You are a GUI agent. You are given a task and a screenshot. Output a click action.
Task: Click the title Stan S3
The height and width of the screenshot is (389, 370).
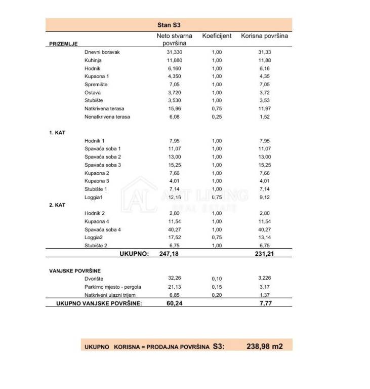coord(169,25)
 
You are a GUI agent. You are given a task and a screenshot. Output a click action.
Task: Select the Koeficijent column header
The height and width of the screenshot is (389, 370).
coord(217,36)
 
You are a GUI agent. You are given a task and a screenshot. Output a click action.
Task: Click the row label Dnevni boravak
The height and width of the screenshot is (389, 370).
coord(102,52)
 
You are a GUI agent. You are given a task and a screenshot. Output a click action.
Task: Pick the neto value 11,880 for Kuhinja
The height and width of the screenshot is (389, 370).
coord(174,60)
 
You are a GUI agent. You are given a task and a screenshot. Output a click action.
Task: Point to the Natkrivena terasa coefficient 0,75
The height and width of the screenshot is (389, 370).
coord(217,108)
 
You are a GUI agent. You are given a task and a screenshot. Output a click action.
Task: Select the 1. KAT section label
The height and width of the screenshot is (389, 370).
coord(57,133)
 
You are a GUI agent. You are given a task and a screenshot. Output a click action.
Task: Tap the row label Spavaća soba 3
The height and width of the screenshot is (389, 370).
coord(103,165)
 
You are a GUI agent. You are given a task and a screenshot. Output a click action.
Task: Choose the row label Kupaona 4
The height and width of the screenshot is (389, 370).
coord(97,221)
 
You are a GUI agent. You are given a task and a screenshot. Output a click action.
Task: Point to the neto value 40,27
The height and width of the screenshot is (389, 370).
coord(174,229)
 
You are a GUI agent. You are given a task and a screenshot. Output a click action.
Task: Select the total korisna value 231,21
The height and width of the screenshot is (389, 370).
coord(265,253)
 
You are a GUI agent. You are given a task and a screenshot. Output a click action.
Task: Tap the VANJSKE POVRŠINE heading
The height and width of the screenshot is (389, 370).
coord(74,271)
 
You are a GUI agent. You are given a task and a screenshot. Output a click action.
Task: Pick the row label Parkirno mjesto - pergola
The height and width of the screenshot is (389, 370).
coord(113,287)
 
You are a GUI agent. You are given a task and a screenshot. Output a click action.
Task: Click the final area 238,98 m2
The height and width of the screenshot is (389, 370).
coord(264,346)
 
